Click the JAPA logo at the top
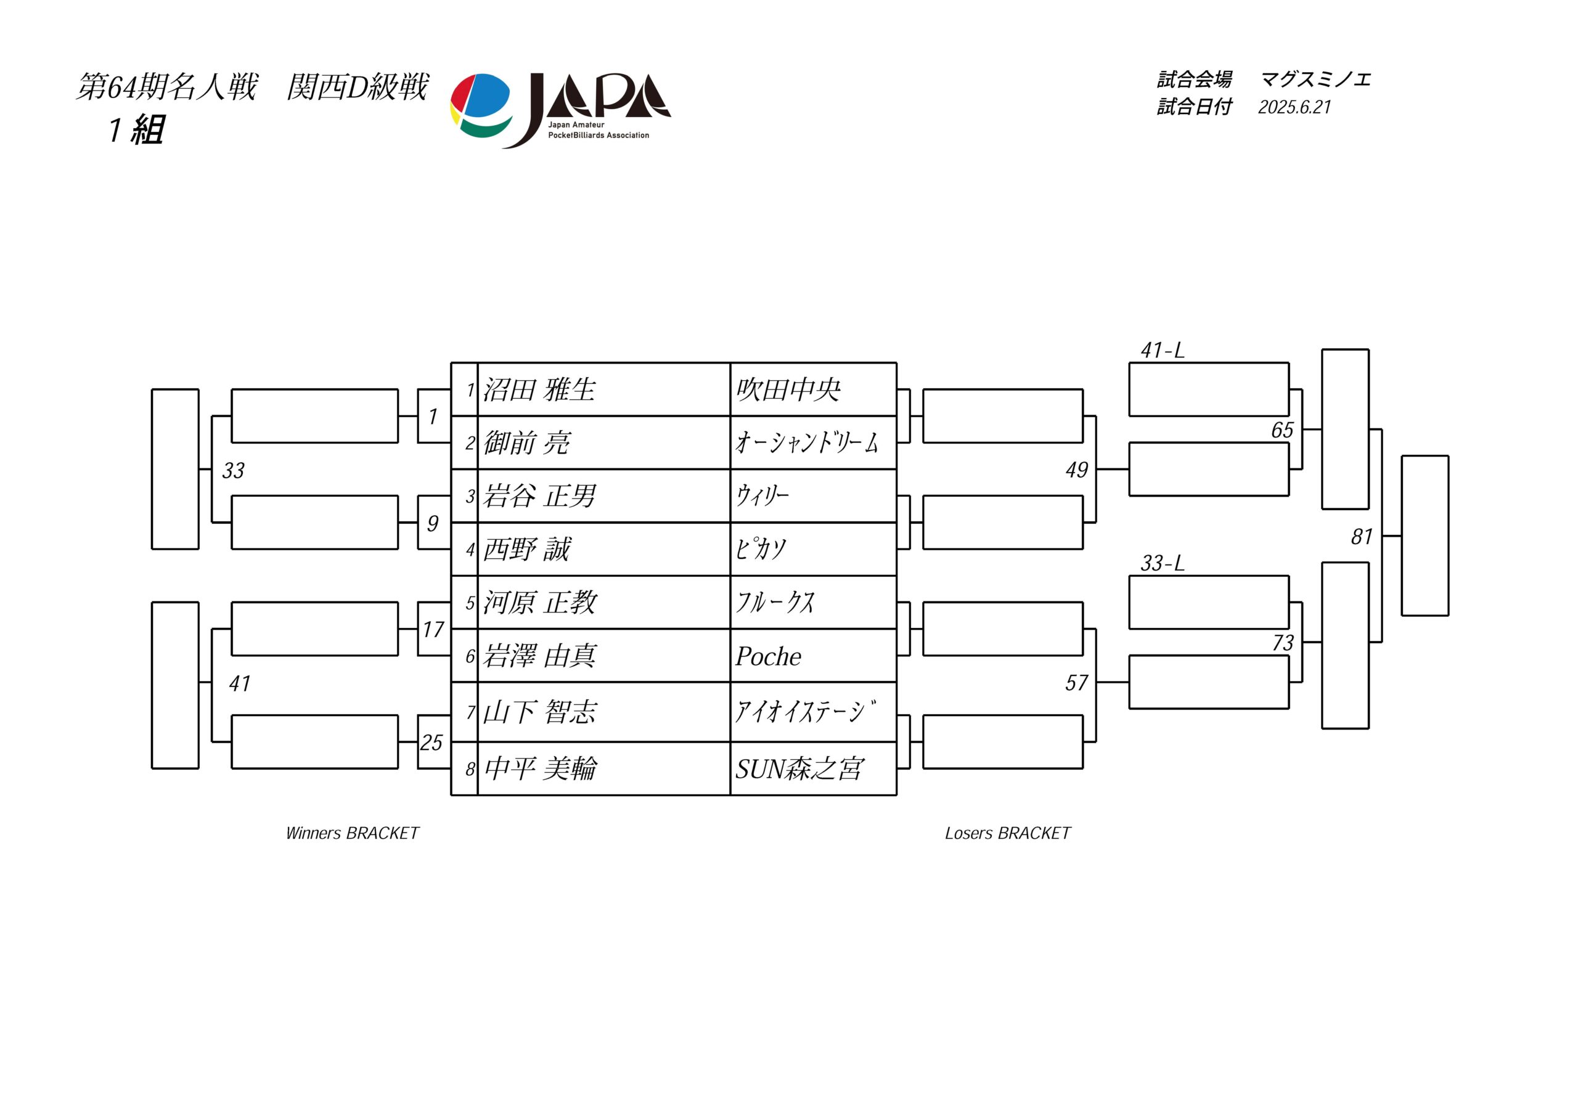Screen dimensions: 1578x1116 click(560, 110)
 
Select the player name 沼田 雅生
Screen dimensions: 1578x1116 click(539, 389)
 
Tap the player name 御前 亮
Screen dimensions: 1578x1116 click(526, 442)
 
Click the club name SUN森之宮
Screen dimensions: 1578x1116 click(799, 768)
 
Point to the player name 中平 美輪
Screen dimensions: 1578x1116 click(540, 768)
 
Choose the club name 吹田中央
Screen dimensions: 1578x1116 click(788, 389)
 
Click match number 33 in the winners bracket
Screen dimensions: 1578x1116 click(233, 470)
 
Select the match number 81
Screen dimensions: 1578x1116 click(1362, 536)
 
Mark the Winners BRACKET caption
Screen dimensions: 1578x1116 click(352, 833)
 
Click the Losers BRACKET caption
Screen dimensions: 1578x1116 click(1008, 833)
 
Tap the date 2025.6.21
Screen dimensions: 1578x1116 click(1295, 107)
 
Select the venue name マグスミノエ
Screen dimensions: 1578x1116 click(1315, 79)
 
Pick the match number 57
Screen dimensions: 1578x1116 click(1076, 682)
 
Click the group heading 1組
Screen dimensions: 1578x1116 click(136, 130)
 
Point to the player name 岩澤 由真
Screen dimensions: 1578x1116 click(539, 656)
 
